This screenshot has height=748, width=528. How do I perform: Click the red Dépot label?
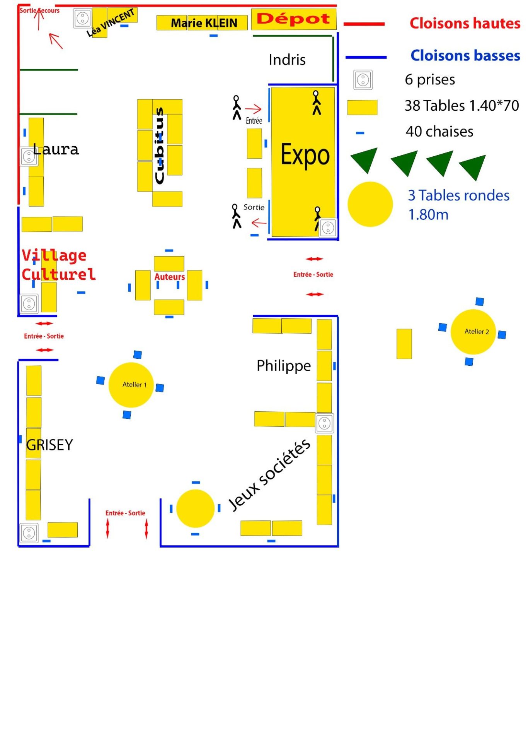[x=293, y=18]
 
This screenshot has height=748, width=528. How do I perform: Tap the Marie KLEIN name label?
[x=204, y=23]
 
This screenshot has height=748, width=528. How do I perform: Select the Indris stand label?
[x=287, y=60]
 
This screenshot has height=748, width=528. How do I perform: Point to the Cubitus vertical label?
[x=159, y=145]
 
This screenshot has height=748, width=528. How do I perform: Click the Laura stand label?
[x=56, y=149]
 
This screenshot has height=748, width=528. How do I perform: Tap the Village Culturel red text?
[x=58, y=265]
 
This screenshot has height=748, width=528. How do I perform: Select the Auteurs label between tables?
[x=170, y=277]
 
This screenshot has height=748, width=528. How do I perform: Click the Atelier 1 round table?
[x=131, y=385]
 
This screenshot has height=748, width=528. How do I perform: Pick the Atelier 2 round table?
[x=473, y=332]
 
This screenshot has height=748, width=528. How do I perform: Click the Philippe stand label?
[x=284, y=366]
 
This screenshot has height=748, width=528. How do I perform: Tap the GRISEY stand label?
[x=49, y=445]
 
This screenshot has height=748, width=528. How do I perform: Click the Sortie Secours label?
[x=39, y=10]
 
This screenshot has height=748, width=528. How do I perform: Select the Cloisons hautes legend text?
[x=465, y=23]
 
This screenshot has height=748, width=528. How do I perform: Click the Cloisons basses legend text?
[x=465, y=56]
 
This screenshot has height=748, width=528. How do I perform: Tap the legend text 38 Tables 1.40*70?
[x=462, y=106]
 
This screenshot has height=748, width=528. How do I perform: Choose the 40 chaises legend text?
[x=439, y=132]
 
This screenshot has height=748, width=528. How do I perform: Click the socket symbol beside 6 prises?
[x=363, y=80]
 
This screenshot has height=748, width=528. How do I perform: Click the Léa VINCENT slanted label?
[x=111, y=23]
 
